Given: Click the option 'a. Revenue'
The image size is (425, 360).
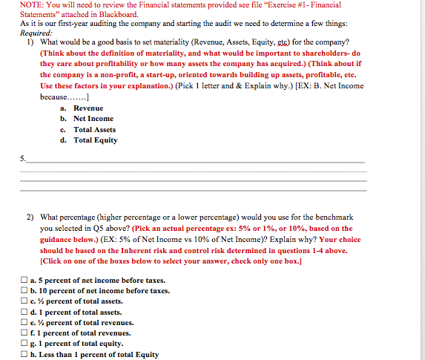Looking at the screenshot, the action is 88,108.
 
